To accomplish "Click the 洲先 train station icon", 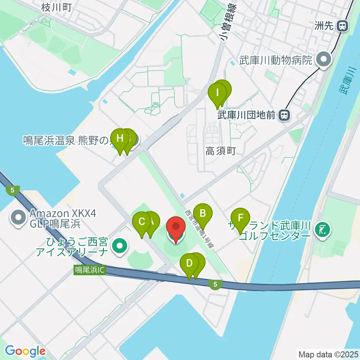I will coord(342,26).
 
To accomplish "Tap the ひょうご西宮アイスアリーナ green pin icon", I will coord(120,246).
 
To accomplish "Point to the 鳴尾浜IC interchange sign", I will coord(89,270).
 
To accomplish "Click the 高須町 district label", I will coord(220,151).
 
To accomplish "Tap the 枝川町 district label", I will coord(57,6).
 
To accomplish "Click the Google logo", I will coord(25,351).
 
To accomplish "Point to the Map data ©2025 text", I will coord(328,354).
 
